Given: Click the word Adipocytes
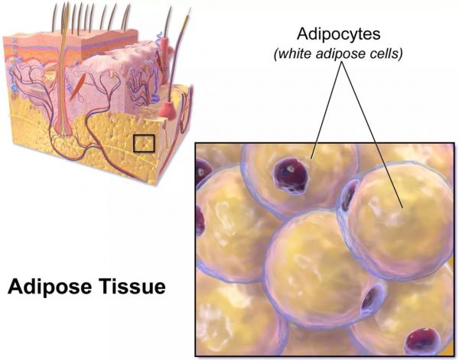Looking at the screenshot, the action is [339, 34].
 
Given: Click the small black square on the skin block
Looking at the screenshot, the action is [144, 143].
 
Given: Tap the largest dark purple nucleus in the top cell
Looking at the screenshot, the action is [291, 176].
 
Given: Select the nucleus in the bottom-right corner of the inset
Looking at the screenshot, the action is [422, 342].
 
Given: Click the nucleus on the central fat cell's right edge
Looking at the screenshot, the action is [370, 299].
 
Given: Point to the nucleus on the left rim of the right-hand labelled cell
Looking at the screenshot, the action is [350, 195].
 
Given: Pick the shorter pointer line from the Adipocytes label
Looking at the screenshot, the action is [327, 111].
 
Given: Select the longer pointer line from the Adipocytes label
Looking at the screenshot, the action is [373, 135].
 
